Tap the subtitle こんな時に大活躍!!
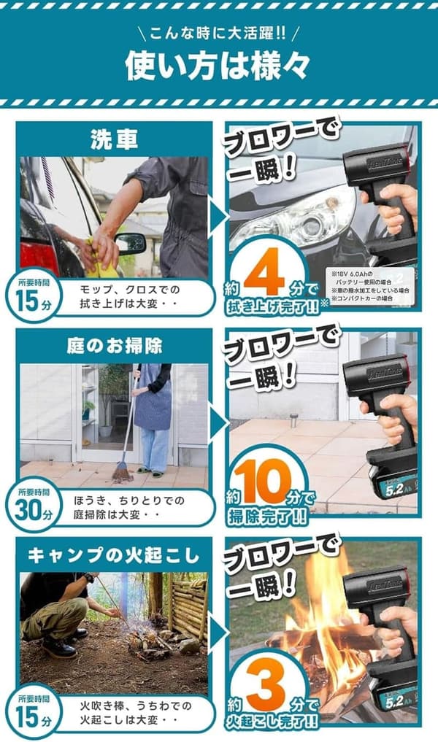pyautogui.click(x=218, y=34)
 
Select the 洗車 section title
pyautogui.click(x=113, y=139)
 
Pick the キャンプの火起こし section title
pyautogui.click(x=113, y=555)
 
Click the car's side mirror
pyautogui.click(x=131, y=243)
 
